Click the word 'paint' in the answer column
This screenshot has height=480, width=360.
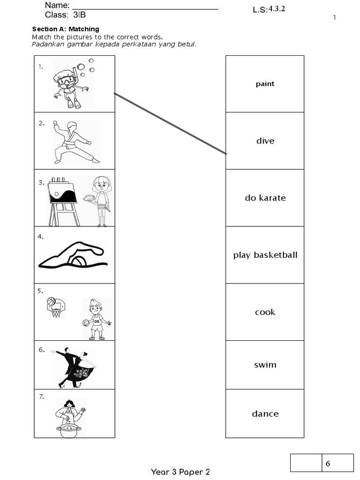[x=265, y=84]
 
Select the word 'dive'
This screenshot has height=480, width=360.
[x=265, y=141]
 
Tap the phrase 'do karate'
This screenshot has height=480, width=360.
[x=265, y=198]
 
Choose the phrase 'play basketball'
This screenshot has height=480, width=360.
[x=265, y=255]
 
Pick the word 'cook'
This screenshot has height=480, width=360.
[x=265, y=312]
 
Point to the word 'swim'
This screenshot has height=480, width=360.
[x=265, y=365]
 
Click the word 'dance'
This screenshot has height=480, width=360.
[x=265, y=414]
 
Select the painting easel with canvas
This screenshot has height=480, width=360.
[x=63, y=199]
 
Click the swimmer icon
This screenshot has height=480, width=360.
[x=73, y=255]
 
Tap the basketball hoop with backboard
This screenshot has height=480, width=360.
[x=56, y=307]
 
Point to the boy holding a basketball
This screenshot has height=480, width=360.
[x=97, y=319]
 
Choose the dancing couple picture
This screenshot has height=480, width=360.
[x=74, y=367]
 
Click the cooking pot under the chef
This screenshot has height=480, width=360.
[x=68, y=430]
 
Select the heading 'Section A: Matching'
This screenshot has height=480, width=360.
[x=66, y=29]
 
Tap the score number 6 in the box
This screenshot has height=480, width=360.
[x=328, y=464]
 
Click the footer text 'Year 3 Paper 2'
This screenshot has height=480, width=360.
[x=180, y=472]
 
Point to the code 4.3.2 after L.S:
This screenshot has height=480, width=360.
[x=277, y=9]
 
